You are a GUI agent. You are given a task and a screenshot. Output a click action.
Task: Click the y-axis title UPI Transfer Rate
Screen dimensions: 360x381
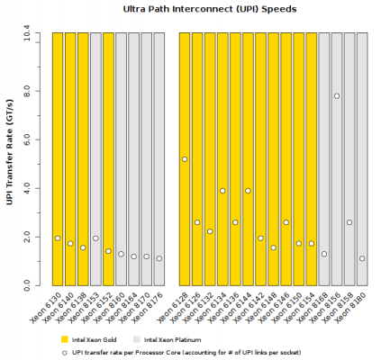coord(11,159)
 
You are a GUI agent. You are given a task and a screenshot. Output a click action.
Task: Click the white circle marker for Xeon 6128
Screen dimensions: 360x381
coord(185,159)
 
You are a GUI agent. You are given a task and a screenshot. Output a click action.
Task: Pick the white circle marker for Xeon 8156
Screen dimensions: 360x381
coord(337,96)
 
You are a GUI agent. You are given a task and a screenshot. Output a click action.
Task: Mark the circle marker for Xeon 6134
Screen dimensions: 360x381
coord(222,191)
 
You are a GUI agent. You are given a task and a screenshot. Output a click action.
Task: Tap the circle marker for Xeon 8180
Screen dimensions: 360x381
coord(362,259)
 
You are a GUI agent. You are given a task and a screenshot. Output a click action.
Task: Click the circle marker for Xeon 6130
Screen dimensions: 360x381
coord(58,238)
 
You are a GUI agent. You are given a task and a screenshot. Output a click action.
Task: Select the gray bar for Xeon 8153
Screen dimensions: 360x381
coord(95,135)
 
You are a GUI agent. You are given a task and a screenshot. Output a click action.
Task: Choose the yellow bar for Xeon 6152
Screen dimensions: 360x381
coord(108,135)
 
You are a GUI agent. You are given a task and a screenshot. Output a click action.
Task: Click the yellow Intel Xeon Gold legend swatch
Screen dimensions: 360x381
coord(64,339)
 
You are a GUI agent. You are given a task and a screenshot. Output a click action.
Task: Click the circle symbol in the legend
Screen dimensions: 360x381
coord(64,352)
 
